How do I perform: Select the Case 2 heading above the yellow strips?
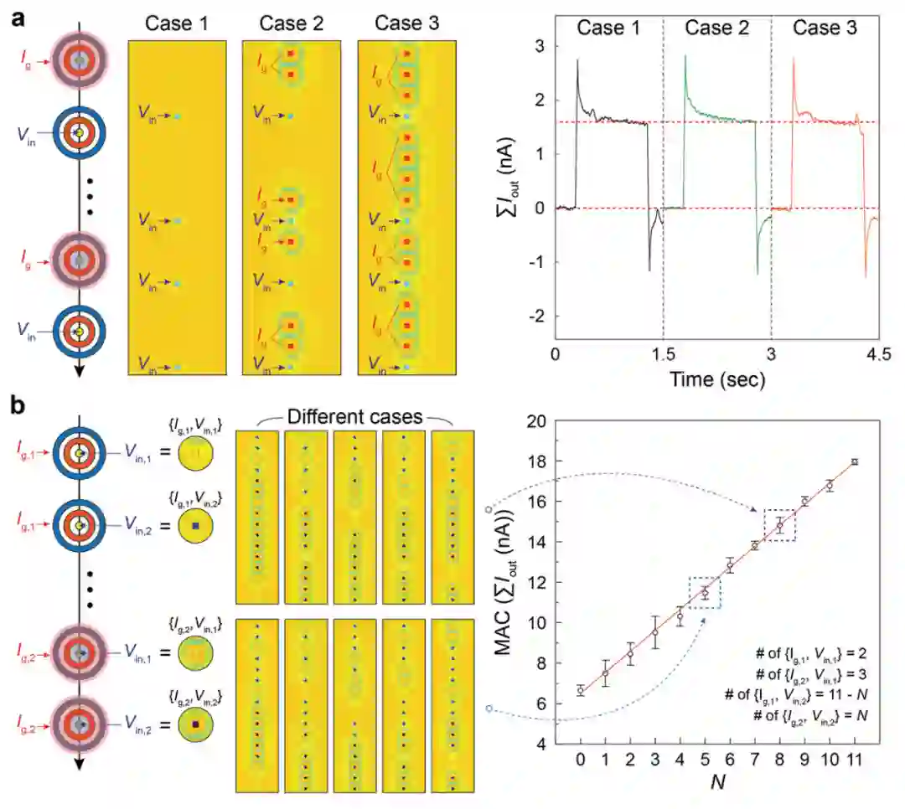point(291,23)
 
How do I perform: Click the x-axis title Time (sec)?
point(716,379)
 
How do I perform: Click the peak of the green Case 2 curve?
point(685,56)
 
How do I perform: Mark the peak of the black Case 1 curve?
point(577,60)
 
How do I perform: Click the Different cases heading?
point(354,416)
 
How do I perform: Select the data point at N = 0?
point(581,690)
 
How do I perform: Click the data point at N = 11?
point(854,461)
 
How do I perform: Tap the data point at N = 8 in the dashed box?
point(779,526)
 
